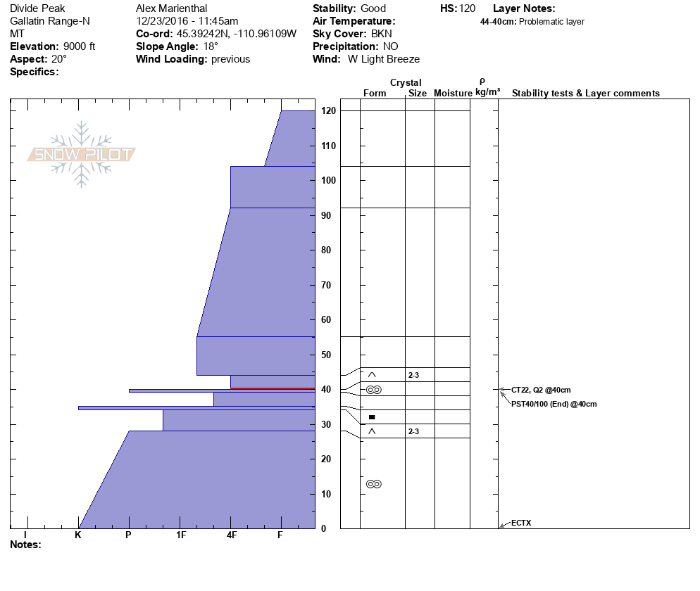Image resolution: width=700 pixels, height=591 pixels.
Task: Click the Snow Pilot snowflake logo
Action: click(x=82, y=154)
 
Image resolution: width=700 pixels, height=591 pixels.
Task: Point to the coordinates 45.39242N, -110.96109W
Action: click(x=236, y=34)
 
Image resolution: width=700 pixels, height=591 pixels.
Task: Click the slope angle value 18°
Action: click(x=210, y=46)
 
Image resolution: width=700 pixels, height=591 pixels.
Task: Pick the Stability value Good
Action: click(x=373, y=8)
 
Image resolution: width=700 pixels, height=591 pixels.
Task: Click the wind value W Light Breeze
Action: click(x=384, y=59)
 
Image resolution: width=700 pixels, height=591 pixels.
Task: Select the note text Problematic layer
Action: click(x=551, y=22)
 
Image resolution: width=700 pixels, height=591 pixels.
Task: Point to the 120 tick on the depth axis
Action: click(x=327, y=111)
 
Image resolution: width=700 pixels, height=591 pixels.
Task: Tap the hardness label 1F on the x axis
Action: click(x=180, y=535)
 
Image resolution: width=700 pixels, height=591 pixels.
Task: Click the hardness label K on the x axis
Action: click(x=78, y=535)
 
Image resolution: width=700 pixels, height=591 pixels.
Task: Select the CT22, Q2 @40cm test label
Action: click(x=541, y=390)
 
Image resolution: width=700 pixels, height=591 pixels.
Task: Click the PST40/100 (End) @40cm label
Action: click(x=554, y=404)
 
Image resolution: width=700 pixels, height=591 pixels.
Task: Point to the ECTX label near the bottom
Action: click(x=521, y=523)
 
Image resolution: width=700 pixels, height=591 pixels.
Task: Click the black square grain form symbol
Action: click(x=372, y=417)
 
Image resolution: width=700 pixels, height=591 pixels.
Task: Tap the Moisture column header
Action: click(x=453, y=94)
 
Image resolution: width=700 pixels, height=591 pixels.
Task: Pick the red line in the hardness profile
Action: click(x=272, y=388)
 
